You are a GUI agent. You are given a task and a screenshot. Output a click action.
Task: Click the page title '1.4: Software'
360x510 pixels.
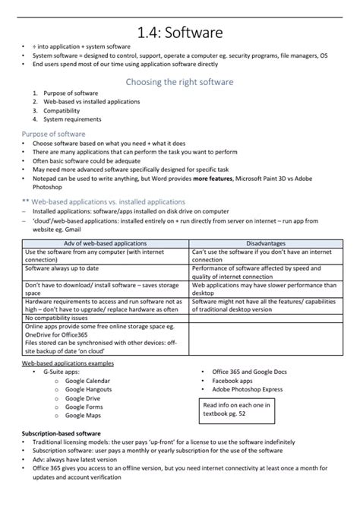click(x=180, y=32)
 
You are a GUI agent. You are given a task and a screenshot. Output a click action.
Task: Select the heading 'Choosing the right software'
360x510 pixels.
click(x=179, y=81)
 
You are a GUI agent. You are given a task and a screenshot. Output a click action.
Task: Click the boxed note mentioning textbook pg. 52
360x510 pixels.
click(x=240, y=410)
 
